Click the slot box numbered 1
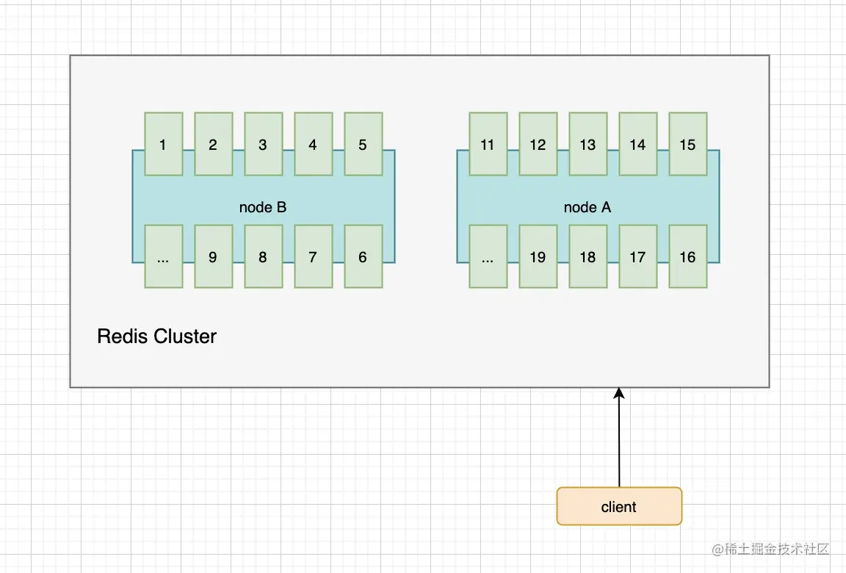[x=163, y=144]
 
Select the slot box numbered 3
[x=263, y=144]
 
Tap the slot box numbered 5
[x=363, y=144]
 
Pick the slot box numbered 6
[x=363, y=256]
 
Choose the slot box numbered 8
[x=263, y=256]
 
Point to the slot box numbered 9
[x=213, y=256]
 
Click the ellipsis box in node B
[x=163, y=256]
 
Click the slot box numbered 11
[x=488, y=144]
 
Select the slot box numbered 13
[x=587, y=144]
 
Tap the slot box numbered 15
[x=687, y=144]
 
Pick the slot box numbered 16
[x=687, y=256]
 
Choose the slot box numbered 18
[x=587, y=256]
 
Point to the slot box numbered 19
[x=538, y=256]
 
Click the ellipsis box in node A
[x=488, y=256]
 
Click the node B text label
[x=263, y=207]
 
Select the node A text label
[x=587, y=207]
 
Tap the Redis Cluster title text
[x=156, y=336]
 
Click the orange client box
[x=619, y=506]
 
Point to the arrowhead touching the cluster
[x=619, y=394]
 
